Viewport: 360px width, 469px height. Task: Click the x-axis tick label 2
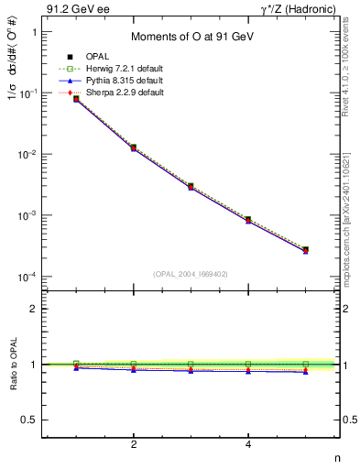[135, 444]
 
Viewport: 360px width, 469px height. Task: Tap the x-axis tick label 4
[248, 444]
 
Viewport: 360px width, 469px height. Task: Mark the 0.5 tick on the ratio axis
[29, 420]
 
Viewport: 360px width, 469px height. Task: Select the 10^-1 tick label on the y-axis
[28, 93]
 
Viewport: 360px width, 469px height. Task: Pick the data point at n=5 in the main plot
[305, 249]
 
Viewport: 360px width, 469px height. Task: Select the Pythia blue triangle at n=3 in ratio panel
[191, 370]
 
